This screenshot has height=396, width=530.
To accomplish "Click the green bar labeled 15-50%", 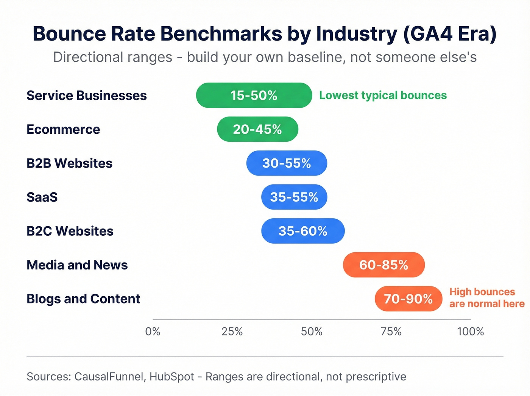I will point(254,95).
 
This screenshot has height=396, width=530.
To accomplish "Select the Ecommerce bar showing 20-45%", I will point(257,129).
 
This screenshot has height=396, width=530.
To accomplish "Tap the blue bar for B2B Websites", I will point(287,163).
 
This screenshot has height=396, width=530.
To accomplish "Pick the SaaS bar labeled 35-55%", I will point(294,197).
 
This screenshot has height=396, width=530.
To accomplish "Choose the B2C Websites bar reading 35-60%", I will point(303,231).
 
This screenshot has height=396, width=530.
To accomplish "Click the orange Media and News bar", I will point(383,265).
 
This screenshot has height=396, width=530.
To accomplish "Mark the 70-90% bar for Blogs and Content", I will point(408,299).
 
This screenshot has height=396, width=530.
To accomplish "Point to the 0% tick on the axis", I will point(153,332).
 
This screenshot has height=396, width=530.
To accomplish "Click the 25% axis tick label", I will point(232,332).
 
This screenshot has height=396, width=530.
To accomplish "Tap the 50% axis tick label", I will point(312,332).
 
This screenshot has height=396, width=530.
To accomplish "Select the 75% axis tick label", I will point(391,332).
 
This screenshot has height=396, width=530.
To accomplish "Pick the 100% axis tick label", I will point(470,332).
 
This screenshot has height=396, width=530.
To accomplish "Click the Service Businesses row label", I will point(86,95).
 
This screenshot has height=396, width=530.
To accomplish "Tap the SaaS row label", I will point(42,197).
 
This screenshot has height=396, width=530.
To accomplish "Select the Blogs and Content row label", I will point(83,299).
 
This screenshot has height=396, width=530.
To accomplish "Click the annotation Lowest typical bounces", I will point(383,95).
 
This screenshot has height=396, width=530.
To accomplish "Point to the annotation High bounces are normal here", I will point(486,298).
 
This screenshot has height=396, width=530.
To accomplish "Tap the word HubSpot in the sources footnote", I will point(171,377).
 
